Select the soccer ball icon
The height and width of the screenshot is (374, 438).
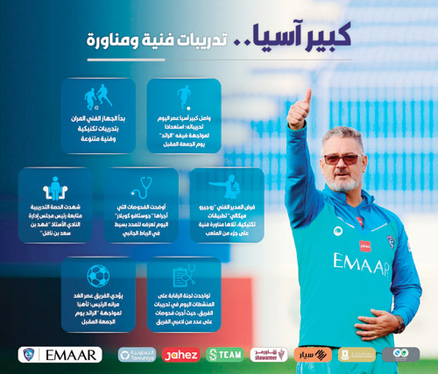pyautogui.click(x=97, y=276)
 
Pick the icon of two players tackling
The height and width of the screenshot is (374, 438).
pyautogui.click(x=97, y=95)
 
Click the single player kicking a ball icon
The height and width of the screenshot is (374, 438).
pyautogui.click(x=183, y=95)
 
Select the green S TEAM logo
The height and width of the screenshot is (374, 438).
pyautogui.click(x=224, y=355)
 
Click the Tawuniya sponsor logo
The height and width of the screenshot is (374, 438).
pyautogui.click(x=135, y=355)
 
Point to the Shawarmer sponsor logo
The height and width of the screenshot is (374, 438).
pyautogui.click(x=268, y=355)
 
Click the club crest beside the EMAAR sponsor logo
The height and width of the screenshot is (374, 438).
pyautogui.click(x=32, y=355)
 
